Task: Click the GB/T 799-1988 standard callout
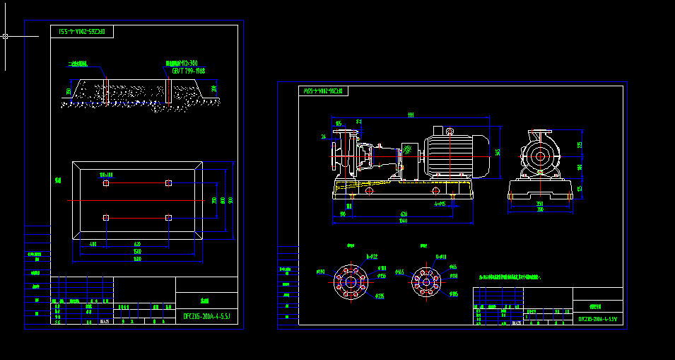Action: pos(188,71)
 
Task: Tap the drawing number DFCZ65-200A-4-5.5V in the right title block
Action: pos(598,319)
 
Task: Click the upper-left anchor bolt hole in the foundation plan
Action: pos(106,183)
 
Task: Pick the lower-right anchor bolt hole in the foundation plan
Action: pos(168,217)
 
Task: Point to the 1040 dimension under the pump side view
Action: pos(403,221)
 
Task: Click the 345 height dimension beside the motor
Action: pos(498,152)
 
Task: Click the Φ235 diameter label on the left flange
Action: pos(380,296)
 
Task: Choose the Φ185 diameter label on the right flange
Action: pos(454,294)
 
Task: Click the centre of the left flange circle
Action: pos(351,281)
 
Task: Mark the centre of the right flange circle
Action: pos(426,281)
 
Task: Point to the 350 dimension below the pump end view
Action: pos(541,204)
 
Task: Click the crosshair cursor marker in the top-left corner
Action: pos(6,36)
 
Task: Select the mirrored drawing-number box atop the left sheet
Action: pos(82,32)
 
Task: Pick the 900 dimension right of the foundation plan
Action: pos(230,200)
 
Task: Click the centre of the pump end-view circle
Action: pos(541,157)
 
